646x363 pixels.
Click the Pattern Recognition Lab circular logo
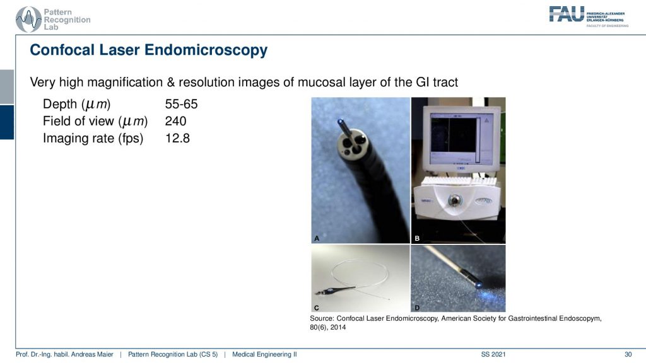[28, 20]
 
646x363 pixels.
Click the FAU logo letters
[567, 14]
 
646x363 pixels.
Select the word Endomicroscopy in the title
[206, 50]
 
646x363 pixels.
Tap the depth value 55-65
[181, 104]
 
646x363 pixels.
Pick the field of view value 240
[175, 121]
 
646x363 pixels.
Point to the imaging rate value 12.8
[177, 138]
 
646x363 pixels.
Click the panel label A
[317, 238]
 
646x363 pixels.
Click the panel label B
[417, 238]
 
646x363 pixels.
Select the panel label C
[317, 308]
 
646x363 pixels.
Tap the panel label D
[417, 308]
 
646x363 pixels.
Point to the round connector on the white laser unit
[455, 200]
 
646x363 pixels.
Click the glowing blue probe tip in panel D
[479, 284]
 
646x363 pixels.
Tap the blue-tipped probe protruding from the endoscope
[345, 129]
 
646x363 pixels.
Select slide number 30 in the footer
[628, 354]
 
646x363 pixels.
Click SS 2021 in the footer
[493, 354]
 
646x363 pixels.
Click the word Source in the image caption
[322, 318]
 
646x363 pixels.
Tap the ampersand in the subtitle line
[171, 83]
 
